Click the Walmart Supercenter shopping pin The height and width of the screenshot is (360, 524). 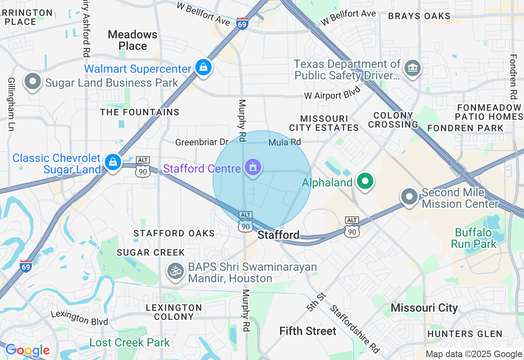coord(203,67)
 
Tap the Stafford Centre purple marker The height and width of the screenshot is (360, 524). coord(253,167)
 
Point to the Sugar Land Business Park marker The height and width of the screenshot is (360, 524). coord(33,81)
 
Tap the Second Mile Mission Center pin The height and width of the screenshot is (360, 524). coord(409,196)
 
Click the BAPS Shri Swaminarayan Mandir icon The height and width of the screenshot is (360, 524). coord(176,271)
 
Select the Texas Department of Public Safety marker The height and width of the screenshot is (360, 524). coord(412,68)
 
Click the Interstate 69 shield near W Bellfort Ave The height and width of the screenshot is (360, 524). coord(242,24)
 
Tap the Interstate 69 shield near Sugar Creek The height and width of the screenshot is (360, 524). coord(26,266)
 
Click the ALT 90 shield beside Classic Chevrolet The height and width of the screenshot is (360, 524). coord(143,167)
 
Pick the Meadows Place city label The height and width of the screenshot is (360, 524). coord(133,40)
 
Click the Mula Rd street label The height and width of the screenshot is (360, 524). coord(285,142)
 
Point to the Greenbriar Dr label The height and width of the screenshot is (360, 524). coord(201,142)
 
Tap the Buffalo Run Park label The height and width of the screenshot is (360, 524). coord(474,239)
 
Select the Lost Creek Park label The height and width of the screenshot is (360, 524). coord(129,342)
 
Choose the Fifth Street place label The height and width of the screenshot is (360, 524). coord(308,331)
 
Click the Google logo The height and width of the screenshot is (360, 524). coord(27,351)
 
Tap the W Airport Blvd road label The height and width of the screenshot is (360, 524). coord(332,93)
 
